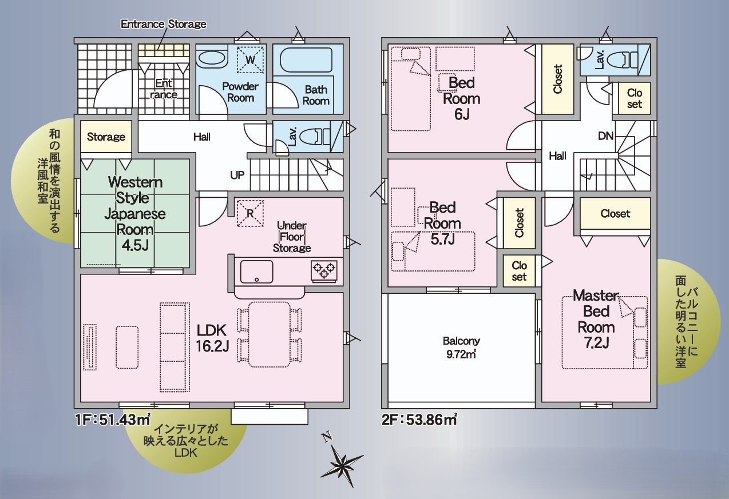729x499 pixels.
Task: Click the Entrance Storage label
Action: pyautogui.click(x=164, y=24)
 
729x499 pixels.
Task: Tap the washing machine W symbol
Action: pyautogui.click(x=250, y=59)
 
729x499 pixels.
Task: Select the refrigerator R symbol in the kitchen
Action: pyautogui.click(x=250, y=213)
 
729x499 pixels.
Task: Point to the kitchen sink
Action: pyautogui.click(x=256, y=272)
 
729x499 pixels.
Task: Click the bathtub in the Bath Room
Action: pyautogui.click(x=306, y=60)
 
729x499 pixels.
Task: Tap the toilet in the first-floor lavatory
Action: pyautogui.click(x=314, y=137)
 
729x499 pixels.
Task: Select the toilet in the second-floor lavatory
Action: pyautogui.click(x=622, y=61)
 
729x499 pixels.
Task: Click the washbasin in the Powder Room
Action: pyautogui.click(x=212, y=59)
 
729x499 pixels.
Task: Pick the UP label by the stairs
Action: pyautogui.click(x=237, y=175)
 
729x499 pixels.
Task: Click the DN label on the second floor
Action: pyautogui.click(x=605, y=136)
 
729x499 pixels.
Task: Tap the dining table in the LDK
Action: pyautogui.click(x=270, y=334)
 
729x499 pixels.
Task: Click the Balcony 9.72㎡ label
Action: pyautogui.click(x=461, y=347)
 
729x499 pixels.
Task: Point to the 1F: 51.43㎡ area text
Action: pyautogui.click(x=113, y=420)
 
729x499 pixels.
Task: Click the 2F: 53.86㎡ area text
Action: pyautogui.click(x=419, y=420)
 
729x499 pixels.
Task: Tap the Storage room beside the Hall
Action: pyautogui.click(x=106, y=136)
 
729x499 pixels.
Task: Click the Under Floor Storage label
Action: pyautogui.click(x=292, y=237)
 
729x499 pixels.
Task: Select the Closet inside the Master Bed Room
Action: pyautogui.click(x=615, y=213)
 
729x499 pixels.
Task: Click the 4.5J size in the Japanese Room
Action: pyautogui.click(x=134, y=245)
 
